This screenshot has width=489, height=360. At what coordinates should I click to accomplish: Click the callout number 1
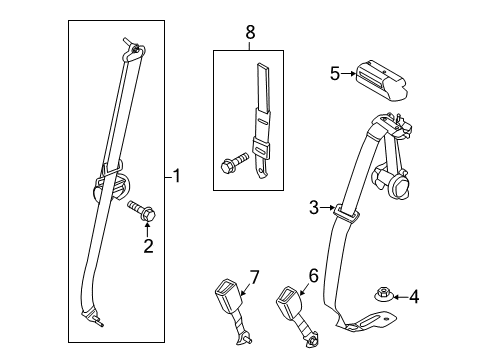click(x=177, y=176)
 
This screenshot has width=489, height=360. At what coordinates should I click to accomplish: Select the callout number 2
click(x=148, y=246)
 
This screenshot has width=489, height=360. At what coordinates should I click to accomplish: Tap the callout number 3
click(x=314, y=208)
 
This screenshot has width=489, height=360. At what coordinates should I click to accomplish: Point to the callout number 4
click(x=414, y=296)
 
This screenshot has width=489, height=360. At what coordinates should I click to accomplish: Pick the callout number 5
click(x=335, y=73)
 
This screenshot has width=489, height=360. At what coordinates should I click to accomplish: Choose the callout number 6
click(x=313, y=275)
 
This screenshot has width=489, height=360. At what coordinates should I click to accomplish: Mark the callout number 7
click(x=254, y=277)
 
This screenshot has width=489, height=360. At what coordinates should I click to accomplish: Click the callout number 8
click(x=250, y=32)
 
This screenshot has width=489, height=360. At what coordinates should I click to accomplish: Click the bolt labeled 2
click(x=142, y=211)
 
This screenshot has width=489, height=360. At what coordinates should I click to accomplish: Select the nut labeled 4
click(x=382, y=294)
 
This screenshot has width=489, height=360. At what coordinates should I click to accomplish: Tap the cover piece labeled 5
click(x=381, y=80)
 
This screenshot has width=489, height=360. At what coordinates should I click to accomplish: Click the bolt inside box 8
click(x=235, y=162)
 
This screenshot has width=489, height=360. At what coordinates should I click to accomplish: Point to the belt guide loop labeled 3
click(x=347, y=214)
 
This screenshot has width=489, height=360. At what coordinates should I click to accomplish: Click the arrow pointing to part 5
click(x=349, y=73)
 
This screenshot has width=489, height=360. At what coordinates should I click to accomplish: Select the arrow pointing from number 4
click(x=401, y=296)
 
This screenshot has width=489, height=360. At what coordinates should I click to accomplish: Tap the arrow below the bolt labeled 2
click(x=147, y=230)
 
